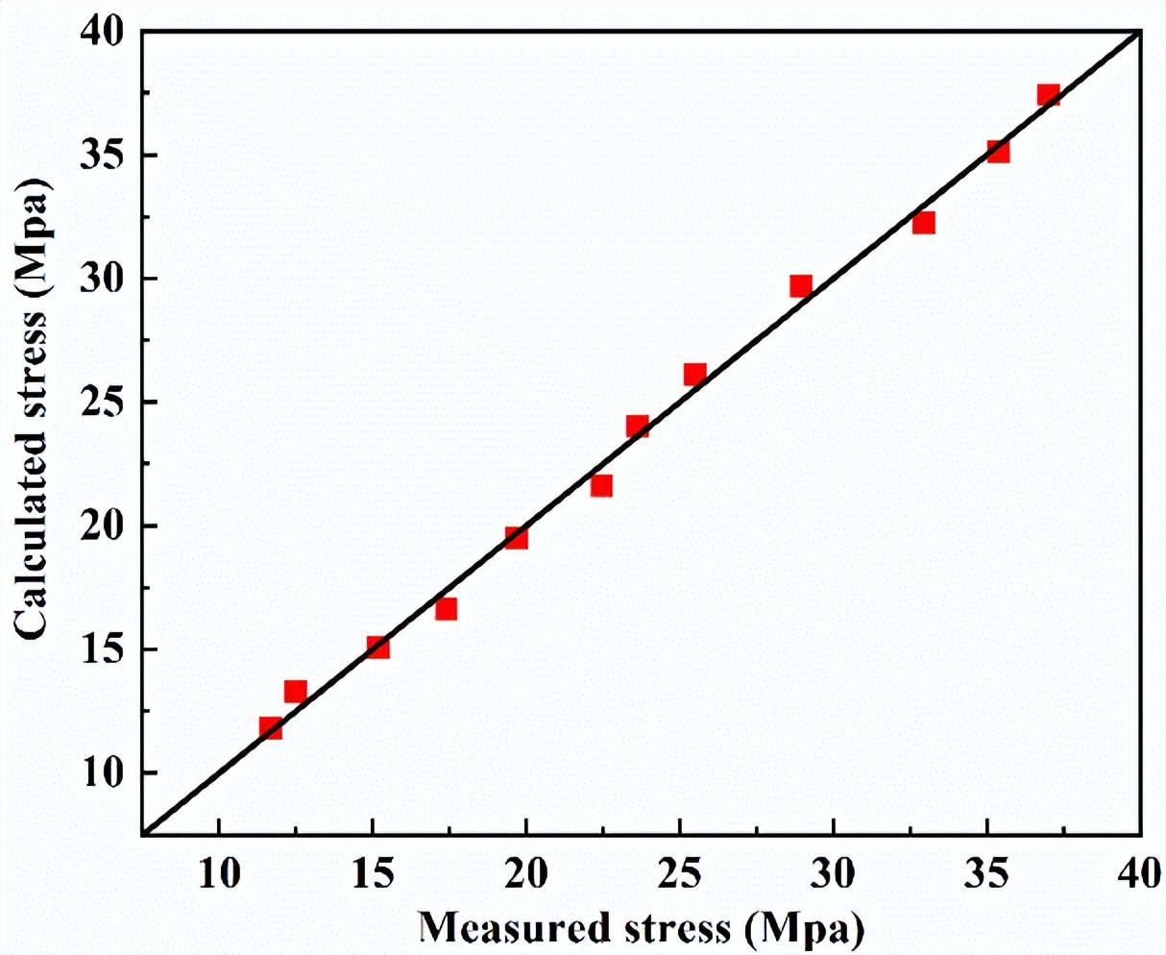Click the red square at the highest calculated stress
(1048, 95)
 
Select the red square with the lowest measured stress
(271, 727)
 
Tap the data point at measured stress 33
(923, 223)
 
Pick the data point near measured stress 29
(801, 285)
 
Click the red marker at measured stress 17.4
(446, 609)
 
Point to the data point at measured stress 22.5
(601, 485)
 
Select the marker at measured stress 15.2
(377, 647)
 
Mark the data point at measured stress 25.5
(694, 374)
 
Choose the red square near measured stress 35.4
(998, 151)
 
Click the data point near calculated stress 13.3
(295, 692)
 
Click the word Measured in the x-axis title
(500, 929)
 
